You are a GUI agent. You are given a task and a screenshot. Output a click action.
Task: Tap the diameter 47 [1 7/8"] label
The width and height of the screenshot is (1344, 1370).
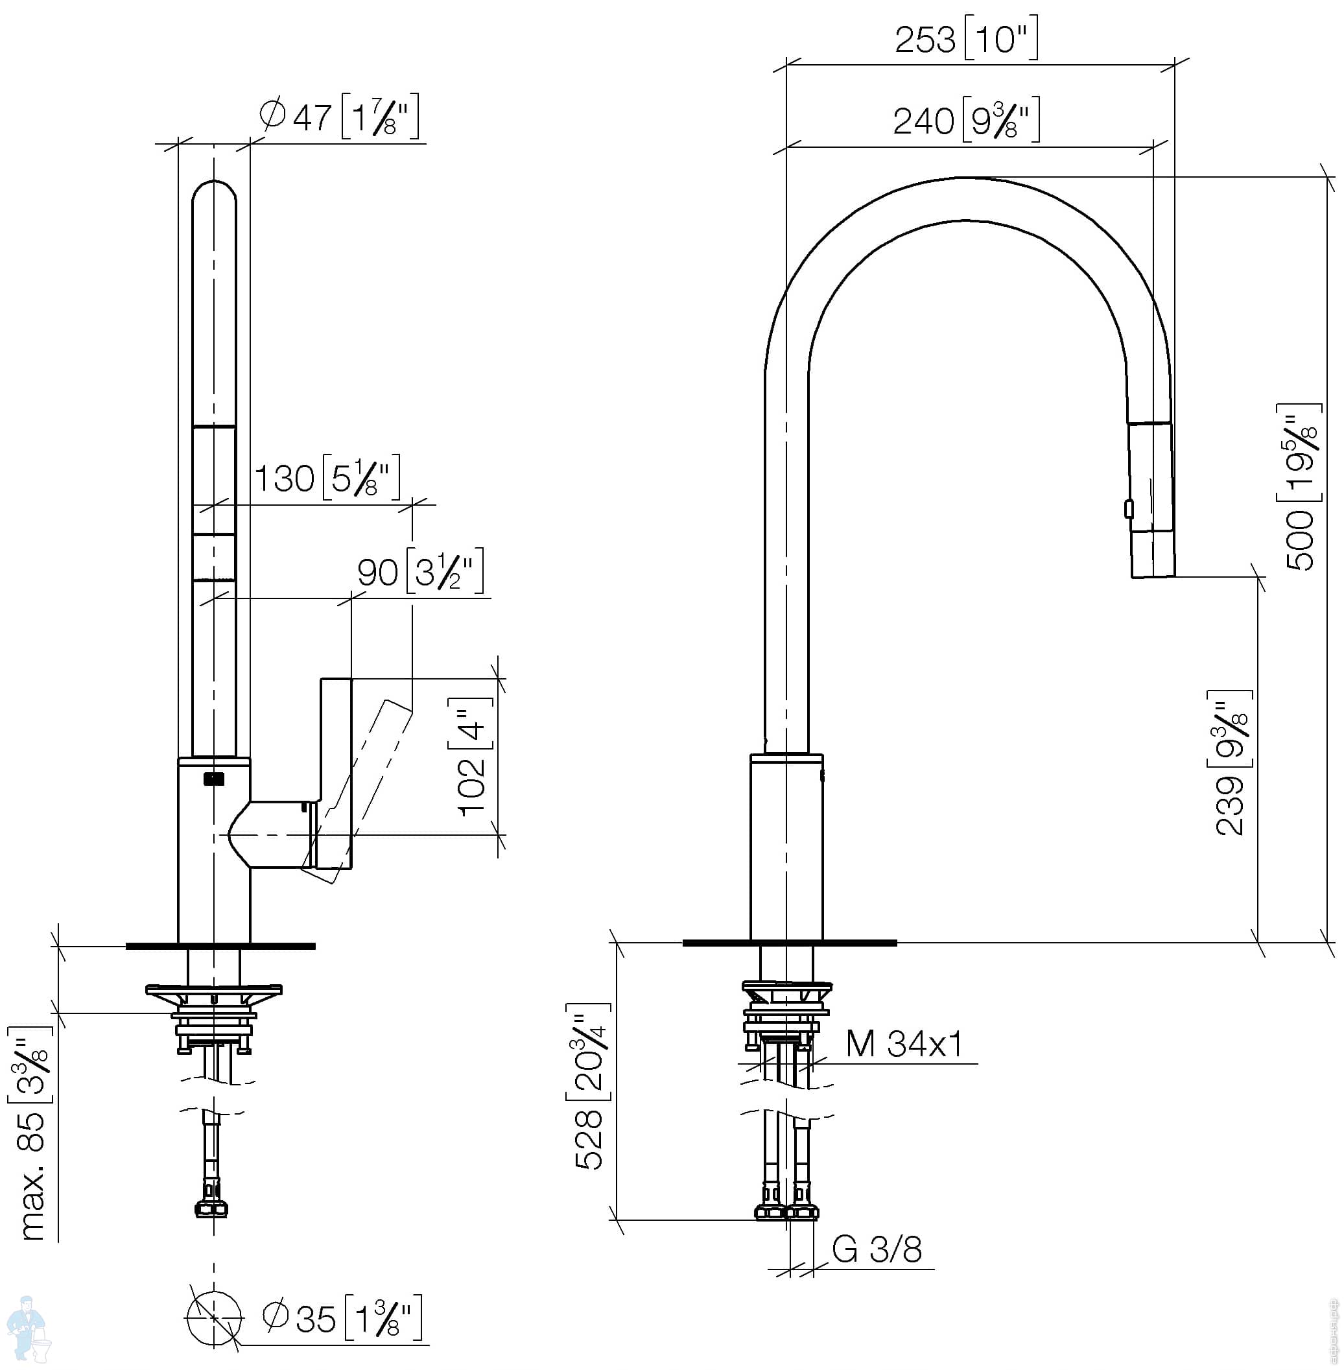point(340,116)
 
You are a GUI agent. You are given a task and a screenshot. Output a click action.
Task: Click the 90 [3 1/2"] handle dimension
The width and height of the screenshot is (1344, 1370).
point(421,571)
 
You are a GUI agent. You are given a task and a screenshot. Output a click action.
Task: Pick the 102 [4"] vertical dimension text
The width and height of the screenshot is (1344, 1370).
point(471,756)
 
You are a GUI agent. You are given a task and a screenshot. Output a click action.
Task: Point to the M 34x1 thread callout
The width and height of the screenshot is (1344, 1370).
point(904,1043)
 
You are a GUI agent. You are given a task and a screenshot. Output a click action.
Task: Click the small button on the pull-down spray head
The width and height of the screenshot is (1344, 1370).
point(1129,508)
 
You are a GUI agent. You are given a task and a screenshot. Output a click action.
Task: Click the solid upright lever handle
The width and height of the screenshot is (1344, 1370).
point(336,774)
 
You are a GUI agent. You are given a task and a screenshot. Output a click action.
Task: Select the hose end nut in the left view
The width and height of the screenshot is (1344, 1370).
point(211,1209)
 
